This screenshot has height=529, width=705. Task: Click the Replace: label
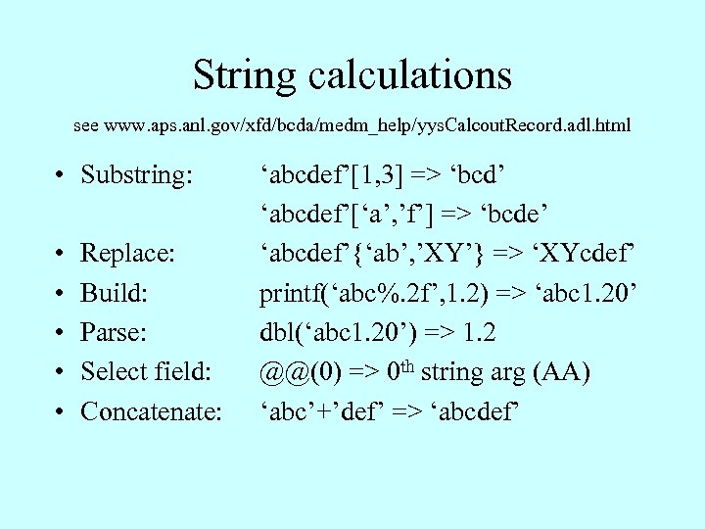pyautogui.click(x=127, y=253)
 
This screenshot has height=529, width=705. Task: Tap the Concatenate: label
pyautogui.click(x=151, y=410)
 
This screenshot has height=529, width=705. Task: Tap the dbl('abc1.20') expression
pyautogui.click(x=333, y=332)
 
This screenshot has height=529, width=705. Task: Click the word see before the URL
pyautogui.click(x=86, y=125)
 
